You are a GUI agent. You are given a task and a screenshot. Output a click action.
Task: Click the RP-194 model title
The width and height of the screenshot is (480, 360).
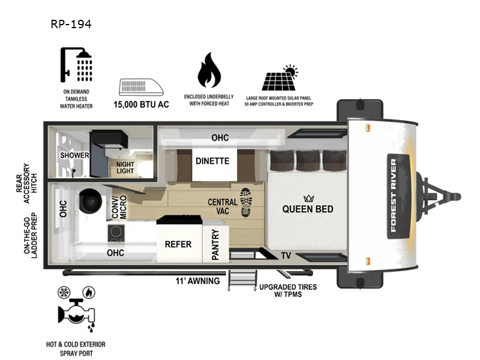(71, 25)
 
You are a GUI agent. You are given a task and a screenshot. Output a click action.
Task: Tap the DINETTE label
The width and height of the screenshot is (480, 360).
(212, 161)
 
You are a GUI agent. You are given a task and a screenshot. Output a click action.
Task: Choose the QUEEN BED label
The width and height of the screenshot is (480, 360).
(308, 209)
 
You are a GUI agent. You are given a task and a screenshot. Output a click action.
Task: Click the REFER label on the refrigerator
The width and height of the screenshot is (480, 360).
(178, 244)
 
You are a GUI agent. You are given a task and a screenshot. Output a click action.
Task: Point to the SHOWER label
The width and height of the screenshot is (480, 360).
(74, 155)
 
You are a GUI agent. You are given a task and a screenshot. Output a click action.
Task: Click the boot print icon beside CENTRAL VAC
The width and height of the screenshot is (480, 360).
(247, 203)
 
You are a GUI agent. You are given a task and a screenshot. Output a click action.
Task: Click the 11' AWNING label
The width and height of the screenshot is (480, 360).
(197, 280)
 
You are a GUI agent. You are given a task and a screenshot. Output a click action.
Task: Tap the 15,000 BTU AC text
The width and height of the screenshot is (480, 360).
(142, 104)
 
